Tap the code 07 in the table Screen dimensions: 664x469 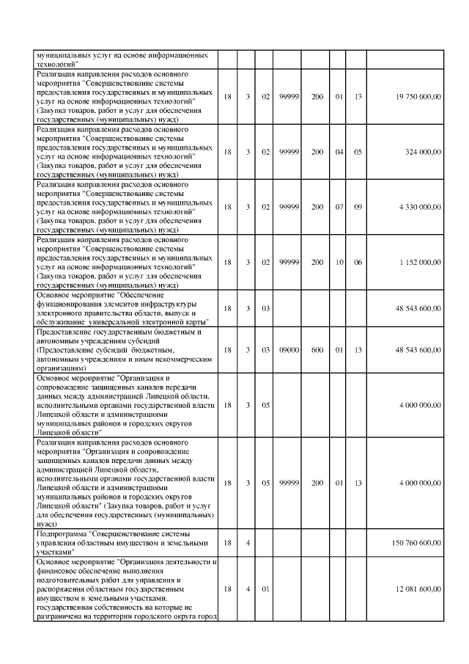339,207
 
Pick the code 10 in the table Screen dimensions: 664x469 339,262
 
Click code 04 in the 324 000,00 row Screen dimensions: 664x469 339,152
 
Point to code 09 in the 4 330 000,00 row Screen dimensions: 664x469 358,207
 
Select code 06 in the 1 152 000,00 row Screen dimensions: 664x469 358,262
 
